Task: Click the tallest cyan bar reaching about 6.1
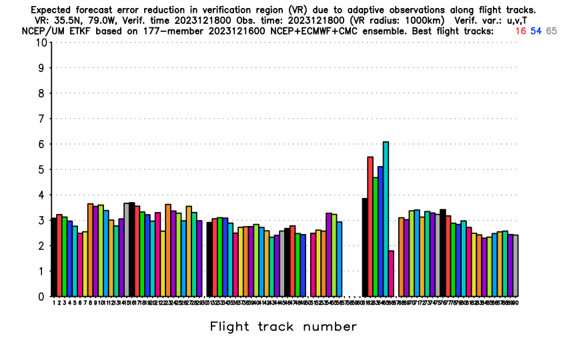[x=386, y=220]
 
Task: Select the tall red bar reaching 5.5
[x=370, y=227]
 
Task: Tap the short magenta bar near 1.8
[x=391, y=273]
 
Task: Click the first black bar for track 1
[x=54, y=257]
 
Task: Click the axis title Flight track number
[x=283, y=327]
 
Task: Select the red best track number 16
[x=520, y=31]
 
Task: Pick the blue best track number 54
[x=536, y=31]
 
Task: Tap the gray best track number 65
[x=552, y=31]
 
